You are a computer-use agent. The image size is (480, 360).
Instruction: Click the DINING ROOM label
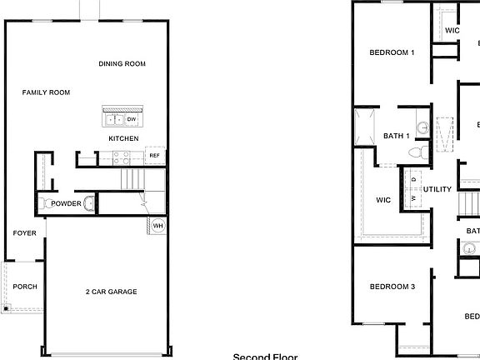(x=122, y=64)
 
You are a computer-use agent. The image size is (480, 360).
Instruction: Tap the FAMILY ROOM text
(x=46, y=92)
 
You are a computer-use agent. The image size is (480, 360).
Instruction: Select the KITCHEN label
(x=123, y=138)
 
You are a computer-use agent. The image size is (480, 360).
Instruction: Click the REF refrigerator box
(x=154, y=156)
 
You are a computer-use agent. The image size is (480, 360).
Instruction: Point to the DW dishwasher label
(x=132, y=119)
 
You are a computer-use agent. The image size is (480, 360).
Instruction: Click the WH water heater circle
(x=157, y=225)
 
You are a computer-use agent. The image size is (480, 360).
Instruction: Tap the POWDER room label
(x=66, y=203)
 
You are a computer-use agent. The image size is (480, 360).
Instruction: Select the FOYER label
(x=24, y=233)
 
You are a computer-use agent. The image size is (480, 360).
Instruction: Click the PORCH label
(x=25, y=287)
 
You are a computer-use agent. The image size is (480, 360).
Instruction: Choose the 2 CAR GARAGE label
(x=111, y=292)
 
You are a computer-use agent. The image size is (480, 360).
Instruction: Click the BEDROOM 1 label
(x=392, y=52)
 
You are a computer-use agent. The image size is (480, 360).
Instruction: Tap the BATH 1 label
(x=396, y=136)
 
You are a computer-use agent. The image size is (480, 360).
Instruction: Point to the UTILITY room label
(x=437, y=189)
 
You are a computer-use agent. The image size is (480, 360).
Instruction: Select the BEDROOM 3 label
(x=392, y=287)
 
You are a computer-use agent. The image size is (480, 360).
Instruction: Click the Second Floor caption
(x=265, y=356)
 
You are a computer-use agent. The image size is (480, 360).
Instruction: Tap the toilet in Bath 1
(x=421, y=151)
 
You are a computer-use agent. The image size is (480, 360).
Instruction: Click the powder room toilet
(x=44, y=203)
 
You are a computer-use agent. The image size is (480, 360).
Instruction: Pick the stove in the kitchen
(x=119, y=155)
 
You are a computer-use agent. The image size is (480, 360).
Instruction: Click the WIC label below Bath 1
(x=383, y=200)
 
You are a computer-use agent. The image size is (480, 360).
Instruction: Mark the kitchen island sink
(x=115, y=119)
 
